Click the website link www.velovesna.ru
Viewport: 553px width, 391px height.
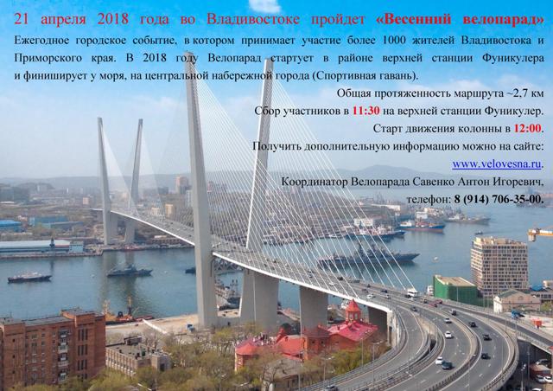497,164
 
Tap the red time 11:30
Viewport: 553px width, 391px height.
366,111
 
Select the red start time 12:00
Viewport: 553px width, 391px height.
527,129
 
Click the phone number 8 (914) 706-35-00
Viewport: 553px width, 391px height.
499,200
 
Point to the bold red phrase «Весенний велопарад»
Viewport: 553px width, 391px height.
461,19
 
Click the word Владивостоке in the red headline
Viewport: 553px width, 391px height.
253,19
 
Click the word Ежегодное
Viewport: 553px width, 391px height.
41,41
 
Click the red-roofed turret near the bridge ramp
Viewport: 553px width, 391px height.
353,311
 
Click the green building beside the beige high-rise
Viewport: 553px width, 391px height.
455,290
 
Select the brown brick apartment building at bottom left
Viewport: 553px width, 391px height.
53,348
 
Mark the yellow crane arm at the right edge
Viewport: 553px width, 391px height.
540,233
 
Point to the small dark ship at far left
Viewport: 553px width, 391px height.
29,278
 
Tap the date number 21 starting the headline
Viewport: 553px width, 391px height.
21,19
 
